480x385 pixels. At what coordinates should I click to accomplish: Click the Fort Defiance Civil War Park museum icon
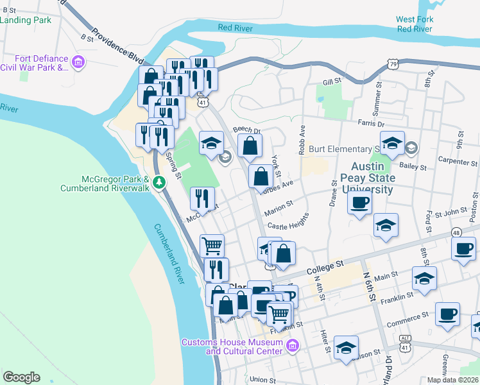coord(78,62)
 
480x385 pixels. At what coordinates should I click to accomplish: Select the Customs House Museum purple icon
coord(293,346)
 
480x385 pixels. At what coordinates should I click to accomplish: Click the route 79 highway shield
coord(392,63)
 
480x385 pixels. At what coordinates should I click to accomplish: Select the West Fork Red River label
coord(415,24)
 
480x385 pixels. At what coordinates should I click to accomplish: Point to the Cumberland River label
coord(169,253)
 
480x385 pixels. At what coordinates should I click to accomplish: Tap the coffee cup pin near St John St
coord(360,203)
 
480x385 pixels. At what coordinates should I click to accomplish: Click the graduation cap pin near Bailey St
coord(392,144)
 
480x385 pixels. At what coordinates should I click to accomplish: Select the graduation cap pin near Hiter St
coord(346,348)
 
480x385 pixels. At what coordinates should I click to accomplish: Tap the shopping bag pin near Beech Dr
coord(250,146)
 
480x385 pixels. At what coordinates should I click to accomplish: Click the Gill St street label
coord(331,82)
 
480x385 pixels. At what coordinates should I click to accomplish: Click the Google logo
coord(21,377)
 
